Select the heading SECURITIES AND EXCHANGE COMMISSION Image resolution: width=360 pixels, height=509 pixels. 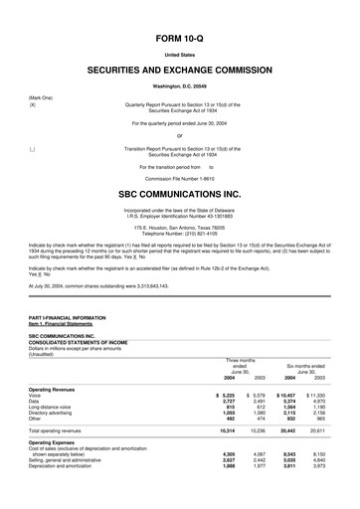180,73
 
